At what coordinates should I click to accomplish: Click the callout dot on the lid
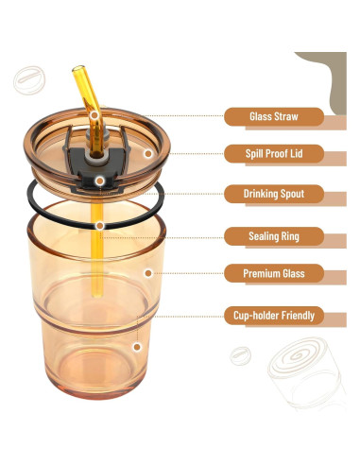[x=147, y=152]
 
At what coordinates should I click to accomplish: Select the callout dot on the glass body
[x=147, y=273]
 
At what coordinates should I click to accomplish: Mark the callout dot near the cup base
[x=137, y=347]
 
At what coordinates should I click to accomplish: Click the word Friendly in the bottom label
[x=295, y=315]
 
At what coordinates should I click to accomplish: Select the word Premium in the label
[x=261, y=274]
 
